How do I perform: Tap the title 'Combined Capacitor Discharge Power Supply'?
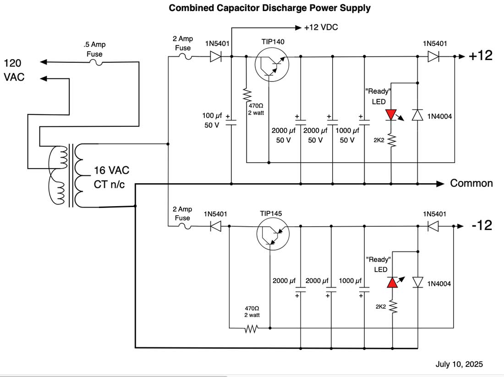(x=270, y=8)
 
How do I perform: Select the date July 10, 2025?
(x=459, y=365)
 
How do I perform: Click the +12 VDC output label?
(x=321, y=28)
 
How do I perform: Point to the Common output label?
(x=471, y=184)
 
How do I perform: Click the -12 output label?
(x=482, y=225)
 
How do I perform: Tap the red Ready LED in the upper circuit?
(x=391, y=115)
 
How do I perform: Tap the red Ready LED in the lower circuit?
(x=393, y=282)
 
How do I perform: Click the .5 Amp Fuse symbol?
(x=97, y=62)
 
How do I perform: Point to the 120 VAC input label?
(x=14, y=70)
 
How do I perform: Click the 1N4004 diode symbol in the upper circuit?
(x=417, y=115)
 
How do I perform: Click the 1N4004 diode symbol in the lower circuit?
(x=418, y=282)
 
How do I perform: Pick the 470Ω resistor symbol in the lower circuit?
(x=252, y=328)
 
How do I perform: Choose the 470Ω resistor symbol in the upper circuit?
(x=247, y=95)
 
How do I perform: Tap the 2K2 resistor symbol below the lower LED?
(x=393, y=307)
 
